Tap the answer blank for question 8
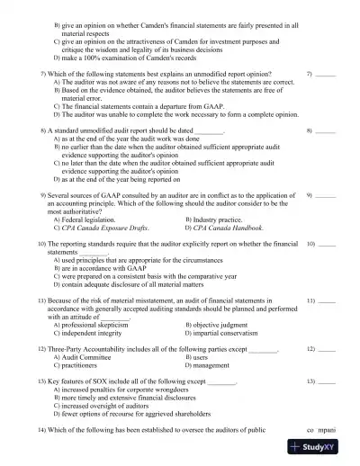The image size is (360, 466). pos(327,131)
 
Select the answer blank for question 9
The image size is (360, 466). pos(327,194)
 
